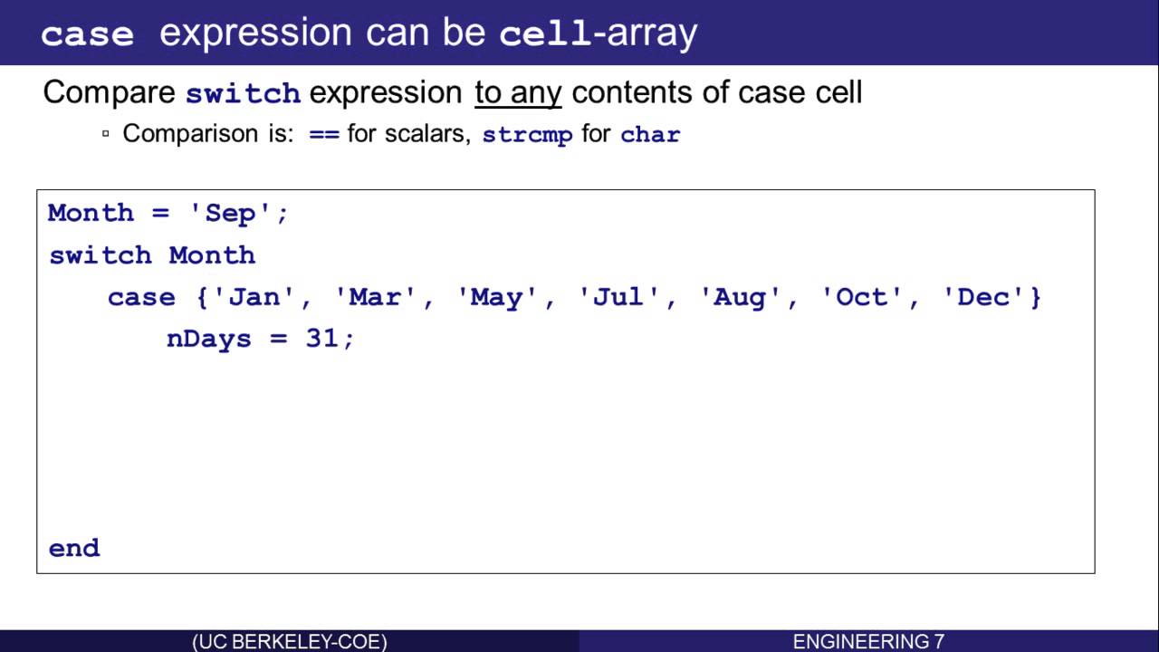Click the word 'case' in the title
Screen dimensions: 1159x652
87,35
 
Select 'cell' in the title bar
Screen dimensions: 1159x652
545,34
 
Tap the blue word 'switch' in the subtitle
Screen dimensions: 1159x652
244,93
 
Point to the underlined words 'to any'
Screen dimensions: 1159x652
518,93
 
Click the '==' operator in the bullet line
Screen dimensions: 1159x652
324,135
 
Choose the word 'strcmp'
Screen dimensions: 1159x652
527,135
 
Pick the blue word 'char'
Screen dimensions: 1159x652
650,135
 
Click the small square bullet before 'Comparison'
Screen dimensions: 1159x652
106,133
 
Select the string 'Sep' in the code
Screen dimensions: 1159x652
230,213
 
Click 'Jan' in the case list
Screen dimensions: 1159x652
254,297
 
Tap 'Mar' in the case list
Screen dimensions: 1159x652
375,297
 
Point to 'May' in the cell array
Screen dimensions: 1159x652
495,298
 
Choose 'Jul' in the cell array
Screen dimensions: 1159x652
618,297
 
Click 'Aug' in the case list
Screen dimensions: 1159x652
739,298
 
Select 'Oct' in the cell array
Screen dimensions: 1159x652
861,297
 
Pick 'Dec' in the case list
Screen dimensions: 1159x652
982,297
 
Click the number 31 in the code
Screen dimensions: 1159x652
321,339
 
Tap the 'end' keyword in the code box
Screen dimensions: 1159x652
74,548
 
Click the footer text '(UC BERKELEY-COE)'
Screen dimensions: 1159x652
289,642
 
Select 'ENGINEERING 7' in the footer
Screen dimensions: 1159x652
868,642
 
